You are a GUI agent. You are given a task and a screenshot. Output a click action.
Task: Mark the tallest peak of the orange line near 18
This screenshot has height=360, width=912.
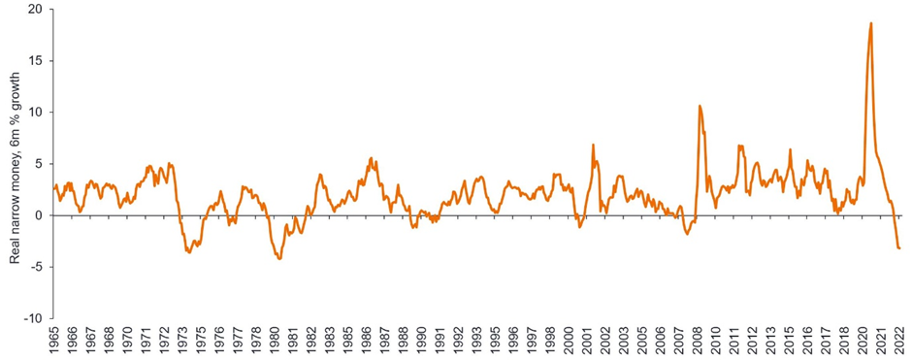click(870, 23)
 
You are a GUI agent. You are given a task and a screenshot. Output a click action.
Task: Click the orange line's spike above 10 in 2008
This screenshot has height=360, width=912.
click(700, 106)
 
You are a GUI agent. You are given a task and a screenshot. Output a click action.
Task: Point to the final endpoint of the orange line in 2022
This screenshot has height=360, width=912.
click(899, 248)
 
